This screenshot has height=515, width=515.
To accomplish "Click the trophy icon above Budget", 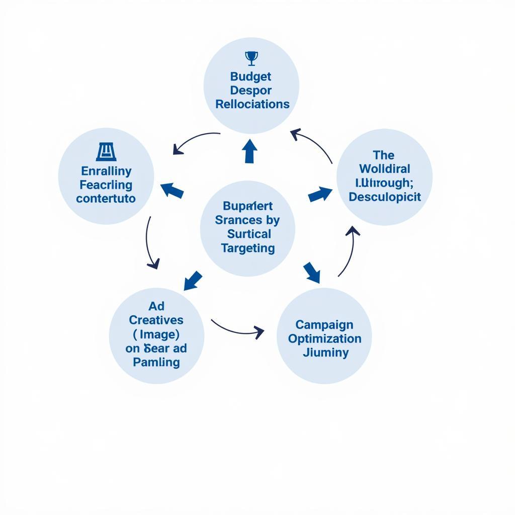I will (251, 58).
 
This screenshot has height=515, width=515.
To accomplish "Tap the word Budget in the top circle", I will (250, 76).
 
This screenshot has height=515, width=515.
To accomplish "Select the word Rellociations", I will (252, 104).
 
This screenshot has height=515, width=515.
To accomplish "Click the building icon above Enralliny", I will (106, 151).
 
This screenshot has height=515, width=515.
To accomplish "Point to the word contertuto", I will (106, 198).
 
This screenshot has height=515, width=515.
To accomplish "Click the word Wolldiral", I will (385, 169).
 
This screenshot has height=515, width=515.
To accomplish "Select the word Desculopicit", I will (385, 197).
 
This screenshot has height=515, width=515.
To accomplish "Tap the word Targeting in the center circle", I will (248, 248).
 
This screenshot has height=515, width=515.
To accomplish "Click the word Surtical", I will (249, 234).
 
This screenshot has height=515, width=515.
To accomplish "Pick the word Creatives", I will (156, 320).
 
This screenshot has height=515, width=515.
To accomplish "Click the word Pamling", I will (156, 362).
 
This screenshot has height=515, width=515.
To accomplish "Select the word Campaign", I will (324, 324).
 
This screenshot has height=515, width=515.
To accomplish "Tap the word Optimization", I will (324, 338).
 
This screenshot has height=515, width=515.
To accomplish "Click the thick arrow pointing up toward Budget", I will (249, 151).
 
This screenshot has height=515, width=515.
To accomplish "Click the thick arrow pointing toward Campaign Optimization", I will (312, 272).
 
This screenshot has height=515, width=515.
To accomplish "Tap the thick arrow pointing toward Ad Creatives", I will (193, 280).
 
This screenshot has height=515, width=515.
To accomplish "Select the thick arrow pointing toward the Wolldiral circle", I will (320, 194).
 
